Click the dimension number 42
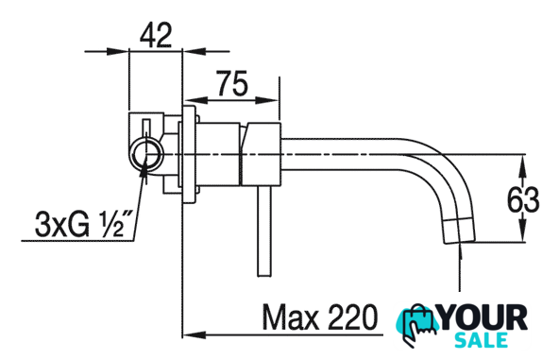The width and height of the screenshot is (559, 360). click(x=156, y=35)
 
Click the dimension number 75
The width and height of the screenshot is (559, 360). click(x=231, y=84)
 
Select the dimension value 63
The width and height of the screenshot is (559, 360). click(x=523, y=199)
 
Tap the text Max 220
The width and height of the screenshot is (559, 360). click(x=319, y=317)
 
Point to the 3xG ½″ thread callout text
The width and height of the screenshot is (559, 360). click(x=84, y=225)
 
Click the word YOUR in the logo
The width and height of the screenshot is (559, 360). click(x=483, y=317)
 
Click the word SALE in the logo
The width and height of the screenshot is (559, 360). click(x=481, y=339)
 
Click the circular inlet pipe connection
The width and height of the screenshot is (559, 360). click(x=146, y=155)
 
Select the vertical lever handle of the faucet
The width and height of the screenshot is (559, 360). click(x=264, y=231)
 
